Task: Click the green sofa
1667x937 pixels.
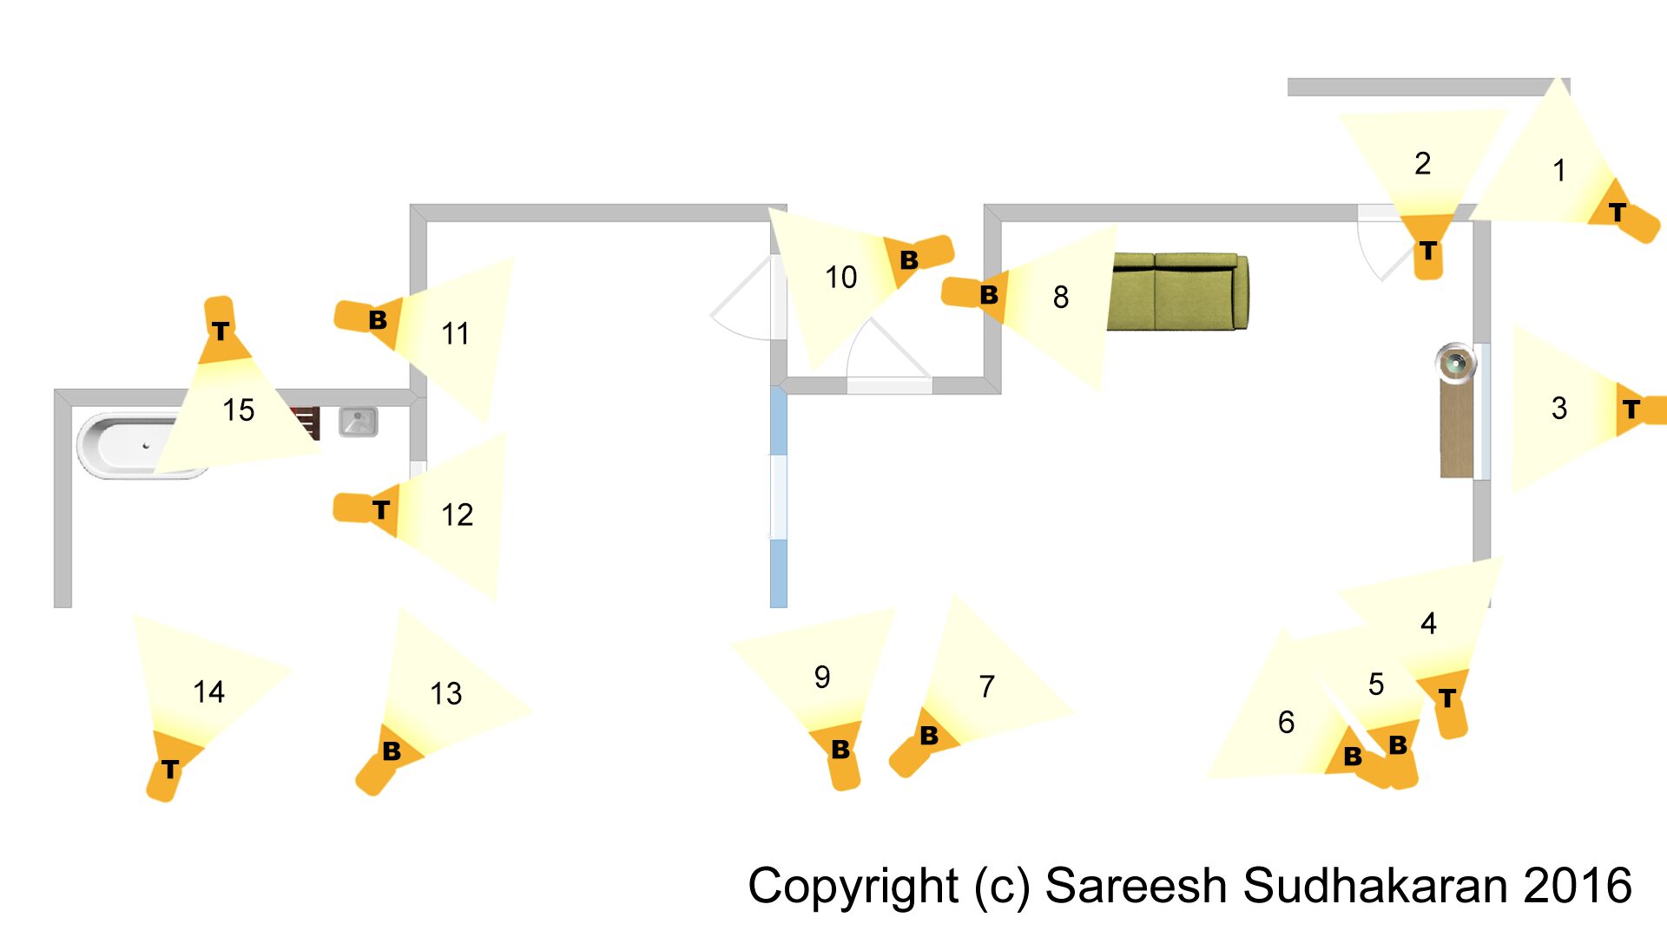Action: click(x=1178, y=292)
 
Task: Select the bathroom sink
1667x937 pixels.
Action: click(x=358, y=422)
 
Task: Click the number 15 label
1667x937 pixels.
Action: click(x=239, y=410)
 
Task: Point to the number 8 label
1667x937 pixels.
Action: click(x=1061, y=298)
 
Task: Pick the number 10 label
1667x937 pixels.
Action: click(x=840, y=278)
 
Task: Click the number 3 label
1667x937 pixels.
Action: click(x=1559, y=409)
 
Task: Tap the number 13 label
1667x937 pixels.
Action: click(x=446, y=693)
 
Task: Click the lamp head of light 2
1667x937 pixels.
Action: click(x=1427, y=246)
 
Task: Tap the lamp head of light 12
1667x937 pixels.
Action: click(x=367, y=509)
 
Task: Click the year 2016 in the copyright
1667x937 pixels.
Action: click(x=1578, y=886)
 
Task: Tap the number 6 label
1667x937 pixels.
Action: click(x=1286, y=722)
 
